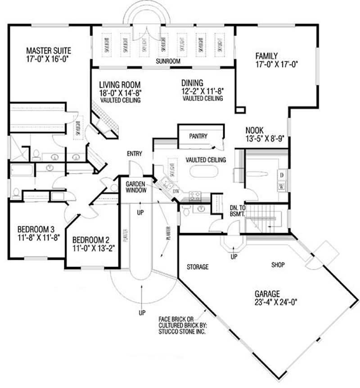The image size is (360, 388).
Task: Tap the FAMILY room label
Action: (267, 56)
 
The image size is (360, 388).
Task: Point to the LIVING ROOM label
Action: (120, 85)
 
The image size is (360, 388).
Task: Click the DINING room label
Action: (192, 83)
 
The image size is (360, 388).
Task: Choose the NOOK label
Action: (255, 130)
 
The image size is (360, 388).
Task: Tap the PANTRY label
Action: (198, 135)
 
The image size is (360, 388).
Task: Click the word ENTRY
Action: (134, 154)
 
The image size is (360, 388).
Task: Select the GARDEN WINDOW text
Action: (135, 187)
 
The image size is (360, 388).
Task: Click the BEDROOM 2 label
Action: (90, 239)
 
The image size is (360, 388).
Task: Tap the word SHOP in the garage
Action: (278, 265)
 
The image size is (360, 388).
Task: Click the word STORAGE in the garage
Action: (198, 267)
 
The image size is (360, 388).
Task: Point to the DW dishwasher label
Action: (177, 191)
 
